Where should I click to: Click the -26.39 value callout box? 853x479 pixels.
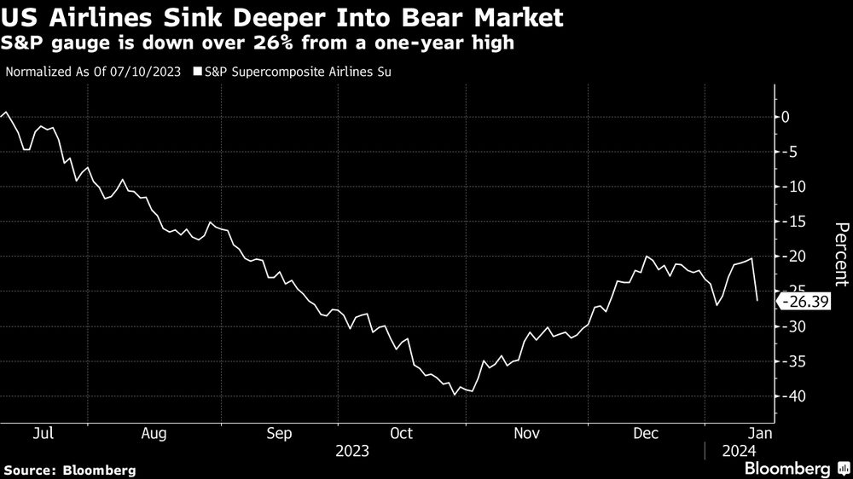(803, 301)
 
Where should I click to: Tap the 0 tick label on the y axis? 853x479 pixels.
(786, 117)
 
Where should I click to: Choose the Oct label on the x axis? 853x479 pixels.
(401, 433)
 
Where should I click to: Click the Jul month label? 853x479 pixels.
(44, 433)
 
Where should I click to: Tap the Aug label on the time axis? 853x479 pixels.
(154, 433)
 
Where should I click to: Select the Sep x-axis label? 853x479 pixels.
(279, 433)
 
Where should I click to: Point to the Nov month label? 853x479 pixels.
(527, 433)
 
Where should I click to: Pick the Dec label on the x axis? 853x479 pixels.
(645, 433)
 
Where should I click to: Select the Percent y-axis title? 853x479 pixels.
(841, 253)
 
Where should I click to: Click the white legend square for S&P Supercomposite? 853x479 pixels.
(198, 72)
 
